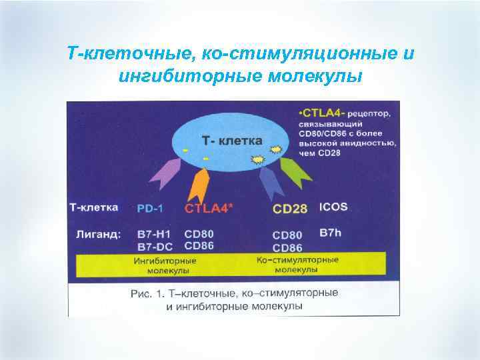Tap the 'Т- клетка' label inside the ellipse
pyautogui.click(x=232, y=141)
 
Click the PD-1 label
pyautogui.click(x=150, y=208)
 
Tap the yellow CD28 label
pyautogui.click(x=290, y=209)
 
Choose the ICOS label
pyautogui.click(x=333, y=207)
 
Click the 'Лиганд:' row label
pyautogui.click(x=93, y=235)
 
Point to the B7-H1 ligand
pyautogui.click(x=152, y=235)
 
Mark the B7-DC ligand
pyautogui.click(x=153, y=246)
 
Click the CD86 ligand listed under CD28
pyautogui.click(x=287, y=247)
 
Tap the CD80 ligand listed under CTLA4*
pyautogui.click(x=199, y=235)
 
